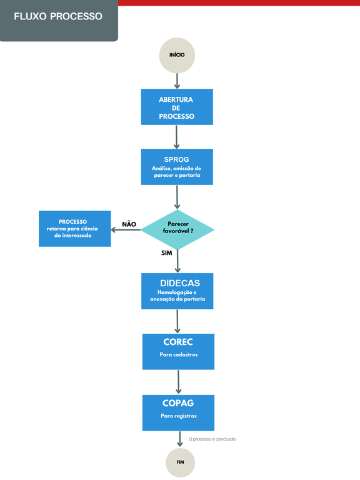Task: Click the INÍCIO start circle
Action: pyautogui.click(x=177, y=55)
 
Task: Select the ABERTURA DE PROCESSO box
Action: pyautogui.click(x=177, y=107)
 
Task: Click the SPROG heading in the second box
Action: pyautogui.click(x=176, y=159)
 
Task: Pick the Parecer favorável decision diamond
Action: pyautogui.click(x=177, y=229)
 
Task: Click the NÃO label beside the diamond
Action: pyautogui.click(x=129, y=224)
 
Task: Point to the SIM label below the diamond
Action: pyautogui.click(x=166, y=254)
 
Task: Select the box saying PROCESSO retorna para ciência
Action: pyautogui.click(x=75, y=229)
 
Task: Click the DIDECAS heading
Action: pyautogui.click(x=179, y=283)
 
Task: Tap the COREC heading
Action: pyautogui.click(x=178, y=342)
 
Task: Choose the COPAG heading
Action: pyautogui.click(x=178, y=403)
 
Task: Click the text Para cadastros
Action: pyautogui.click(x=178, y=355)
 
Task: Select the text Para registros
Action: pyautogui.click(x=178, y=416)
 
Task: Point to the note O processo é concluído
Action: pyautogui.click(x=212, y=439)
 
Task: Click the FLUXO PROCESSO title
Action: pyautogui.click(x=58, y=16)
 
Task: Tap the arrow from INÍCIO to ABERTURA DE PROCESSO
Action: pyautogui.click(x=177, y=81)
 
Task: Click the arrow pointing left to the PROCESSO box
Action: pyautogui.click(x=126, y=229)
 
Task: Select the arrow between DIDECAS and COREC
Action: pyautogui.click(x=178, y=321)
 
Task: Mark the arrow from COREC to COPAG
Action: pyautogui.click(x=179, y=381)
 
